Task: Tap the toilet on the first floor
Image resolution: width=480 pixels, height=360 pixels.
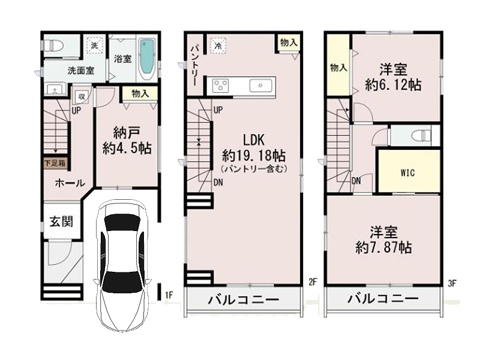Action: pyautogui.click(x=53, y=46)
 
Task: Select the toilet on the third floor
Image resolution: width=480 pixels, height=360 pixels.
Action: pyautogui.click(x=422, y=136)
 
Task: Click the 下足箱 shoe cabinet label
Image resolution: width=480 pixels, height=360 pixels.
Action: pyautogui.click(x=55, y=163)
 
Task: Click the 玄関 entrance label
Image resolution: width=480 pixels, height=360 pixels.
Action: pyautogui.click(x=62, y=221)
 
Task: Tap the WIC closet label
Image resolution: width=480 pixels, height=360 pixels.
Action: pyautogui.click(x=408, y=173)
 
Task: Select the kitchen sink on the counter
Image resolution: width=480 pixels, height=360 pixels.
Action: pyautogui.click(x=260, y=85)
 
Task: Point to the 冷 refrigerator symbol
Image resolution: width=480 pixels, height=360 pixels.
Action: pyautogui.click(x=218, y=46)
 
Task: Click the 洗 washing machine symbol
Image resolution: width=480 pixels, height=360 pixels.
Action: pyautogui.click(x=95, y=46)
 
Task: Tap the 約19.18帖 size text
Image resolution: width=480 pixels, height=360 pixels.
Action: pyautogui.click(x=254, y=156)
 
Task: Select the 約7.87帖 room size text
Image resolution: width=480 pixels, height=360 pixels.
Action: pyautogui.click(x=383, y=247)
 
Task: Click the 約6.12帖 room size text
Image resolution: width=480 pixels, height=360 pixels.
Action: pyautogui.click(x=393, y=85)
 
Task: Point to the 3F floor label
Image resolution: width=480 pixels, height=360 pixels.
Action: pyautogui.click(x=452, y=283)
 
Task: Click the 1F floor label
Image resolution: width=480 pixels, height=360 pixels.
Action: pyautogui.click(x=169, y=295)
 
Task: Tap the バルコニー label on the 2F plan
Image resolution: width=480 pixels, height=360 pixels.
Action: pyautogui.click(x=244, y=299)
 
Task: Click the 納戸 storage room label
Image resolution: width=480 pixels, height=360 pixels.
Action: pyautogui.click(x=127, y=133)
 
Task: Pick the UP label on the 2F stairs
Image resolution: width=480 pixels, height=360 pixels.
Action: pyautogui.click(x=218, y=110)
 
